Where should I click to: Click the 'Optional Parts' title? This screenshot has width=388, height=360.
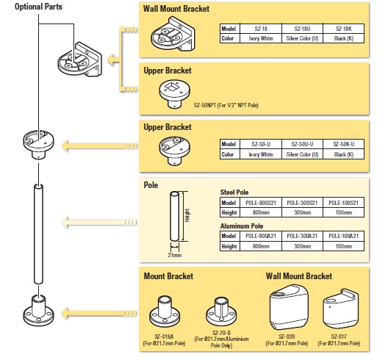32,6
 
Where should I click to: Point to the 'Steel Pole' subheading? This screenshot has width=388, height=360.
235,192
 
